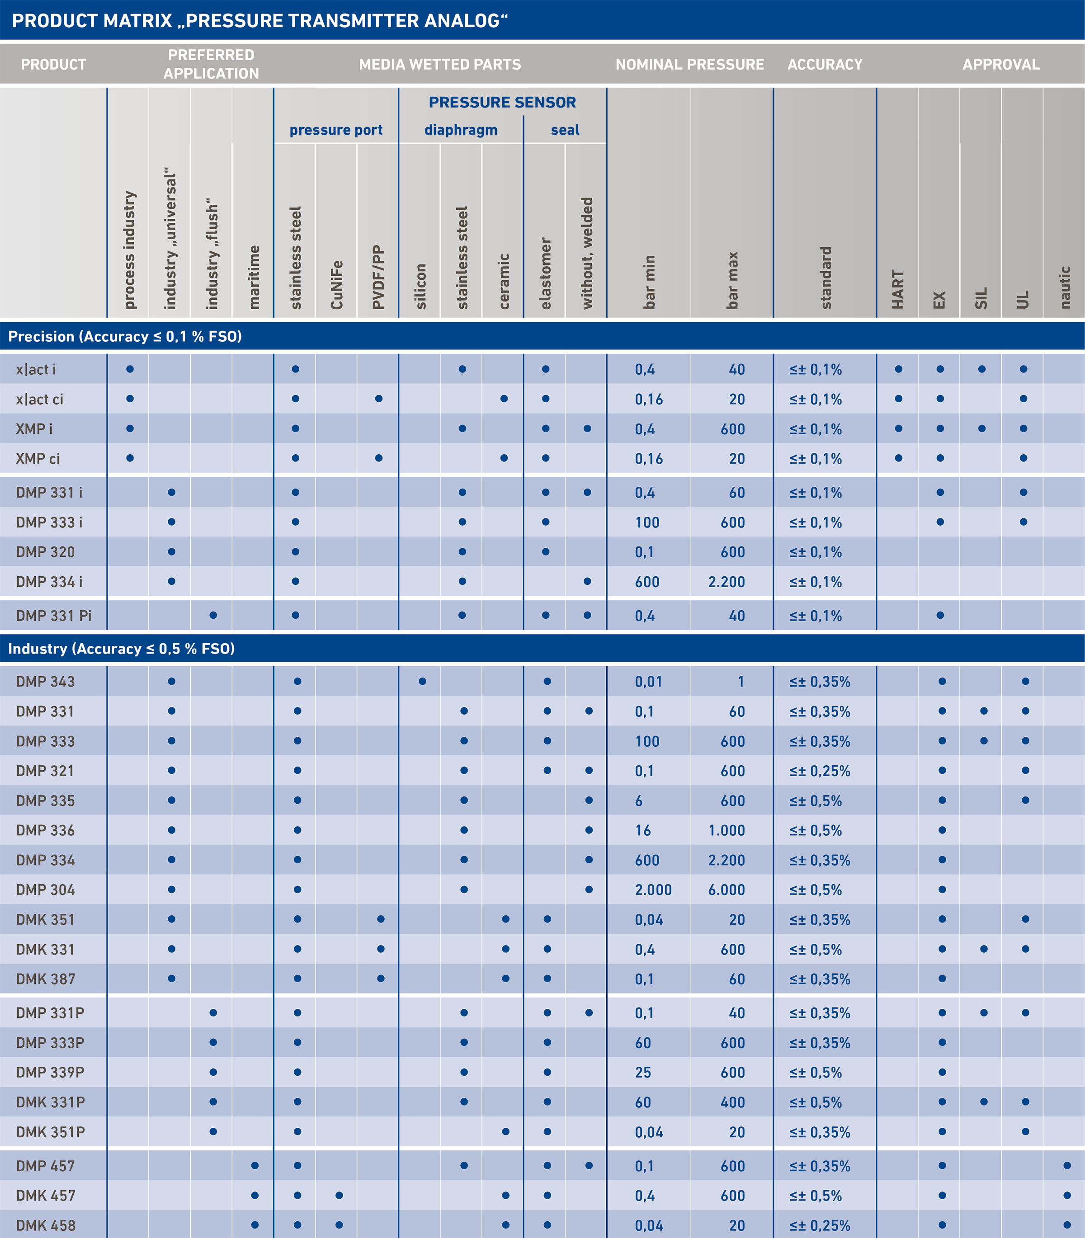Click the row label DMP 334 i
49,582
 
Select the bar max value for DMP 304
726,890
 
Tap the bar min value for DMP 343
648,682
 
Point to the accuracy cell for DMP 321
820,771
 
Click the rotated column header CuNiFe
337,285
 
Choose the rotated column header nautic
1065,287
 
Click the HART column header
898,289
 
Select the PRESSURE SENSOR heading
502,102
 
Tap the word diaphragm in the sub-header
461,130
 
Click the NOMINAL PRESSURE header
689,64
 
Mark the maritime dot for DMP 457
255,1165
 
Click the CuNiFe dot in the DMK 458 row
339,1225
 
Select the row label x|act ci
39,400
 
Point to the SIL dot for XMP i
981,428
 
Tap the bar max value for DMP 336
726,831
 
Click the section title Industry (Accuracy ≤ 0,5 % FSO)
121,649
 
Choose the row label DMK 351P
50,1132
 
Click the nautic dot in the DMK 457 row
1067,1195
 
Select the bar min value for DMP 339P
643,1073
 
